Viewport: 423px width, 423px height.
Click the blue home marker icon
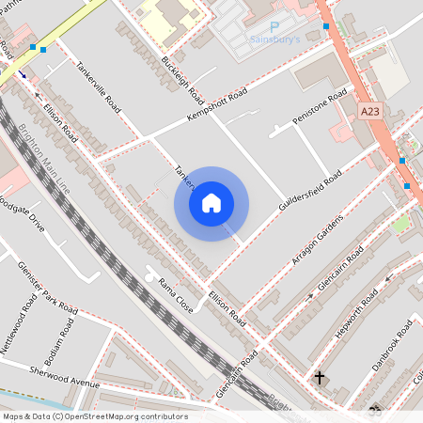(x=211, y=203)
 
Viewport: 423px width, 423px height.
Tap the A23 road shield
(x=370, y=111)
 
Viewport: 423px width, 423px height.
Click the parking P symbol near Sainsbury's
(x=274, y=27)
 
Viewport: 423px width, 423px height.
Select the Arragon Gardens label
(x=317, y=237)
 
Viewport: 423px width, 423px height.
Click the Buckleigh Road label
(x=182, y=80)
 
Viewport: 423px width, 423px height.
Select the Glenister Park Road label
(x=46, y=288)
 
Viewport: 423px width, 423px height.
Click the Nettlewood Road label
(x=17, y=325)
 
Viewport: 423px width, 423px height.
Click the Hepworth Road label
(x=356, y=313)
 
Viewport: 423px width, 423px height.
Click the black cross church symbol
(x=319, y=378)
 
